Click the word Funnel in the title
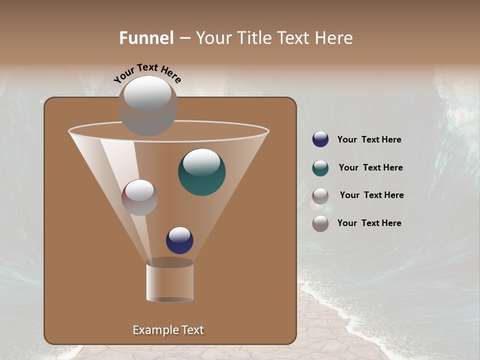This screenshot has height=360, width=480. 146,38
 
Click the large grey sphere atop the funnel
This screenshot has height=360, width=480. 147,106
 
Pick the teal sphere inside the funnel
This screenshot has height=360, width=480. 201,172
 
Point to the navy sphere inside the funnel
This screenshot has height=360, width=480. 179,240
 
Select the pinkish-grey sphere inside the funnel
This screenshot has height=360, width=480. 139,197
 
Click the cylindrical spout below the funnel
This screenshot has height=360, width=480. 169,281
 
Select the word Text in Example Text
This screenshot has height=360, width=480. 192,330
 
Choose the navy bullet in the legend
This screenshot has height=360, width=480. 320,139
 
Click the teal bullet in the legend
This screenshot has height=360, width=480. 320,168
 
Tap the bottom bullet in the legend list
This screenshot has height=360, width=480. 320,223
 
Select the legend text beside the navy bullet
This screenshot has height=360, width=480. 369,140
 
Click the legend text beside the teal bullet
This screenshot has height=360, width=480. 370,168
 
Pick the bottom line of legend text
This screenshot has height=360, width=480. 369,223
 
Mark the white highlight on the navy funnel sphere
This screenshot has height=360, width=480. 179,234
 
